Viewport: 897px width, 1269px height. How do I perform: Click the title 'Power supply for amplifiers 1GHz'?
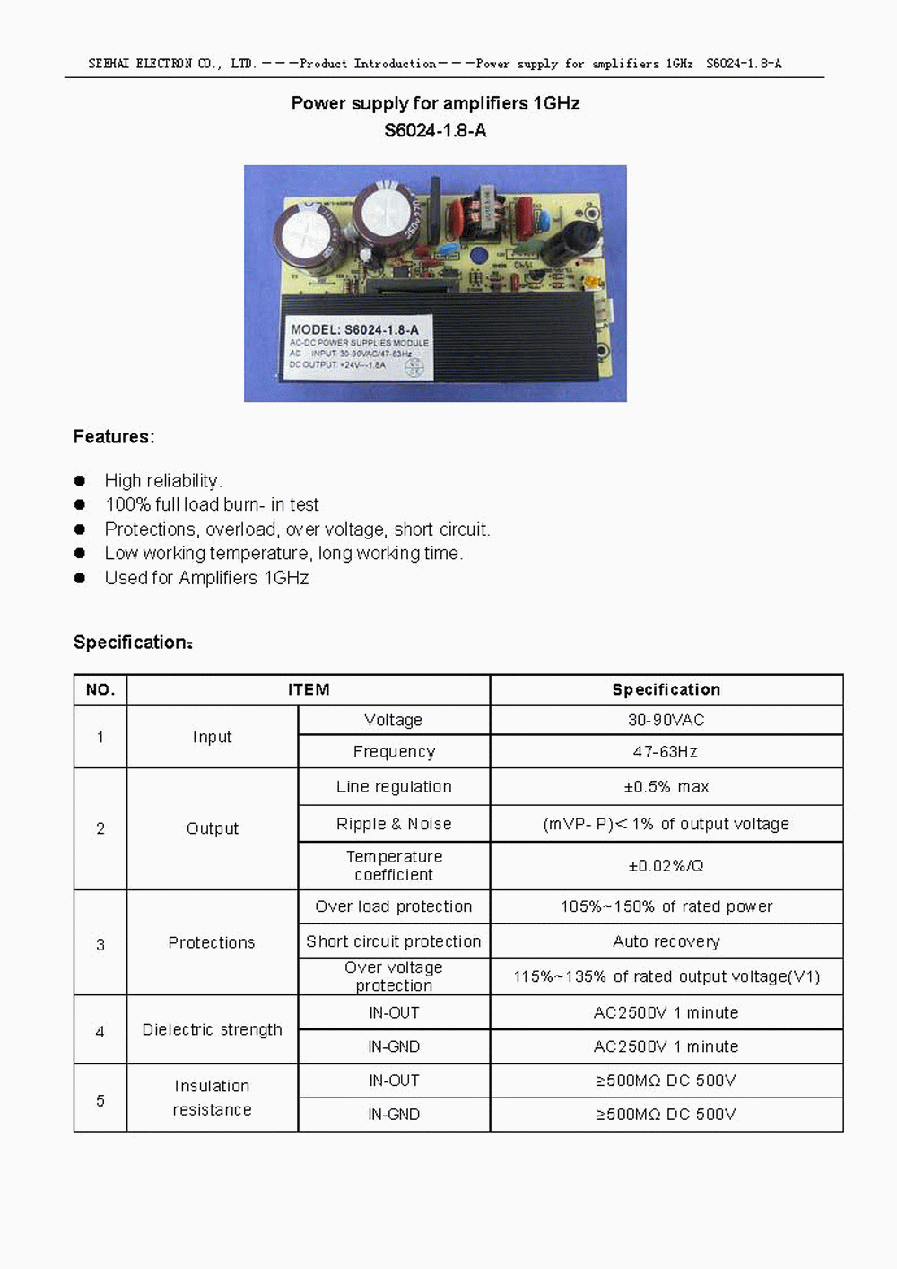[435, 103]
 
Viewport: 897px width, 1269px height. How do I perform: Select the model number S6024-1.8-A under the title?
[435, 130]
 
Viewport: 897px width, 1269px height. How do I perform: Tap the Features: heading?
[114, 437]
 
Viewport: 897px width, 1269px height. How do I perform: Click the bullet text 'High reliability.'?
[163, 481]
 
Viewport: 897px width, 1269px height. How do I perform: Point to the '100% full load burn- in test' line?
[212, 505]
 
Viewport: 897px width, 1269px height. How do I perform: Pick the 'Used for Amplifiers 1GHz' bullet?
[206, 578]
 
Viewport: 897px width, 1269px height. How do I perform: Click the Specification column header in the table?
[666, 689]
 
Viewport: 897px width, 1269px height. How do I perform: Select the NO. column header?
[100, 689]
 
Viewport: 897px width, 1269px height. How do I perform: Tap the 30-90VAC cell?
[666, 720]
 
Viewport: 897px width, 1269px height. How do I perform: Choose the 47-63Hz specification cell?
[666, 751]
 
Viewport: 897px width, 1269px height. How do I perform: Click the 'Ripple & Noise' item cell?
[394, 824]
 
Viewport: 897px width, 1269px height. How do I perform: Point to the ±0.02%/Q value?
[666, 866]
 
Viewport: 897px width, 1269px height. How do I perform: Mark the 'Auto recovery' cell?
[666, 941]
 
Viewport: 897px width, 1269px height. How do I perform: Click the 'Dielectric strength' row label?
[212, 1029]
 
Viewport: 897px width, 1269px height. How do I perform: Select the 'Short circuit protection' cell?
[394, 941]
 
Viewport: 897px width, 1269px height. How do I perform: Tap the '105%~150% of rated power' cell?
[666, 906]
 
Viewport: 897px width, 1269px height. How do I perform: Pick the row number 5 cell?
[100, 1100]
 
